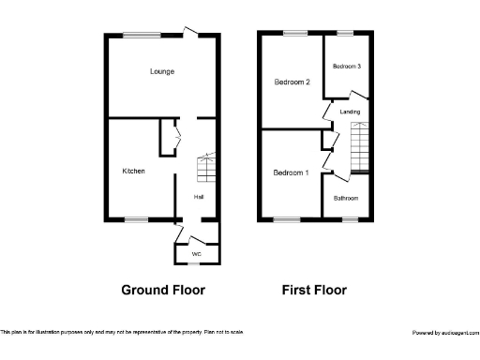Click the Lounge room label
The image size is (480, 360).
tap(161, 71)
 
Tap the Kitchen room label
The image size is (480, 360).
tap(133, 172)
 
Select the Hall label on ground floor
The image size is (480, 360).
tap(199, 197)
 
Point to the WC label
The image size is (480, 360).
tap(196, 254)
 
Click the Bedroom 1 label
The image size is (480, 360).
tap(290, 173)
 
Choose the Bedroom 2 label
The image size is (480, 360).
tap(292, 82)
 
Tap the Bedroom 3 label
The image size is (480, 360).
tap(346, 66)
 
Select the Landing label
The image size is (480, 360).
tap(350, 112)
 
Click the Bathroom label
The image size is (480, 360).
tap(346, 199)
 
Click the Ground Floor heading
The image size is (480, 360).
tap(163, 290)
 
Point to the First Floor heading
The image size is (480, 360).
tap(314, 290)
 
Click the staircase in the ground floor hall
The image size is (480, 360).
tap(206, 170)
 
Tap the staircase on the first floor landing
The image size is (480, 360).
tap(361, 148)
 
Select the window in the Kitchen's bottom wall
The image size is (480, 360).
tap(136, 220)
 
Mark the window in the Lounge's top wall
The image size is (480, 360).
tap(144, 35)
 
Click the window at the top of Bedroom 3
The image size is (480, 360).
tap(345, 35)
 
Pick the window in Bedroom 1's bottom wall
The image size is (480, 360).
tap(287, 220)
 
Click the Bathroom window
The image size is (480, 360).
tap(349, 220)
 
